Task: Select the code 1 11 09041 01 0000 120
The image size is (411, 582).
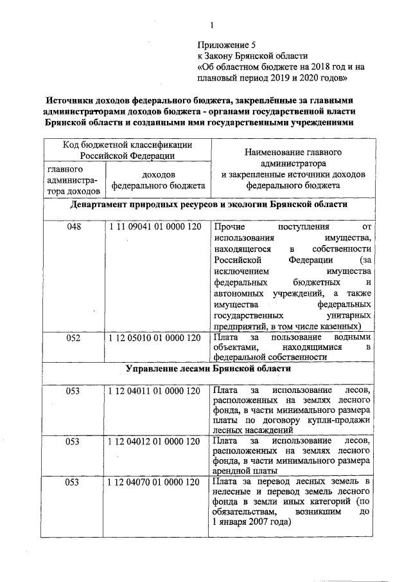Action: point(156,227)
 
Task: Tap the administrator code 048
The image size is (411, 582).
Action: point(74,227)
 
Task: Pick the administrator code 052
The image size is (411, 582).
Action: point(74,337)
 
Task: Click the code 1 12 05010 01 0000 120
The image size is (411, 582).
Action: point(156,337)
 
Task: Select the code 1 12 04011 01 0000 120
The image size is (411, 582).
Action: point(156,390)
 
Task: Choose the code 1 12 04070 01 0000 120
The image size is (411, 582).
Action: point(156,482)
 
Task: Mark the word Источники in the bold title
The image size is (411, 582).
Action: point(69,101)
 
